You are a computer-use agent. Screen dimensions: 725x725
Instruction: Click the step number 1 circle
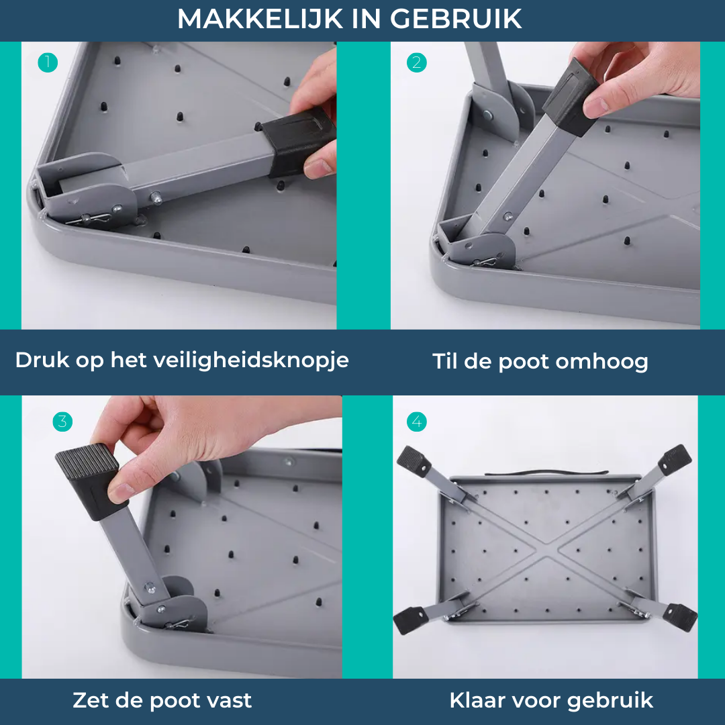click(48, 63)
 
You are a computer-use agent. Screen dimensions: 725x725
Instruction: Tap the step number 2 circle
click(417, 63)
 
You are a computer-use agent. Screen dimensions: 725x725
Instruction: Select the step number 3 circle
click(62, 422)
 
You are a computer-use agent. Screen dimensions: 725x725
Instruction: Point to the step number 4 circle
click(417, 422)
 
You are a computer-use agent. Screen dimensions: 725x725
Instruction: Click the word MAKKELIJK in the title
click(259, 19)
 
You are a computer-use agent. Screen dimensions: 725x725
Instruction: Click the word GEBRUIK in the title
click(456, 19)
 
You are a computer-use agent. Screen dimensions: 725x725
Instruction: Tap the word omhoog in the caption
click(602, 362)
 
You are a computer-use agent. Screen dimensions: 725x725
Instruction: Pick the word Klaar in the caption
click(477, 701)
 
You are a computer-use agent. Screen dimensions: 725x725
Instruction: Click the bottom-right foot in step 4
click(679, 614)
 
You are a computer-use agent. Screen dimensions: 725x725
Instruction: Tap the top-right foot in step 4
click(674, 459)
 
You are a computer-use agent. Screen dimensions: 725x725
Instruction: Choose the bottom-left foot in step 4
click(409, 619)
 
